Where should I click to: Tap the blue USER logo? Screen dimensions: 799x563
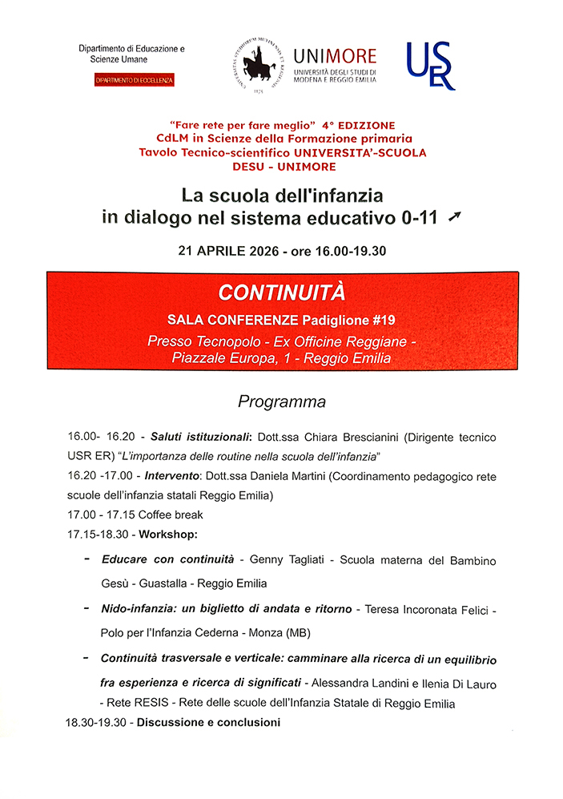pyautogui.click(x=431, y=66)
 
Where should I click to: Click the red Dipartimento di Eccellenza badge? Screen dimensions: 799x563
pyautogui.click(x=135, y=81)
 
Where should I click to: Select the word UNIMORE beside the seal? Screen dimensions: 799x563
pyautogui.click(x=335, y=56)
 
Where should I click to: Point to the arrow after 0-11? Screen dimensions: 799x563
pyautogui.click(x=455, y=216)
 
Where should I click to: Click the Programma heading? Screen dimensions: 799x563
pyautogui.click(x=282, y=402)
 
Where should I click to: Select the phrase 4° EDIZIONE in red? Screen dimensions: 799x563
pyautogui.click(x=359, y=126)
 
